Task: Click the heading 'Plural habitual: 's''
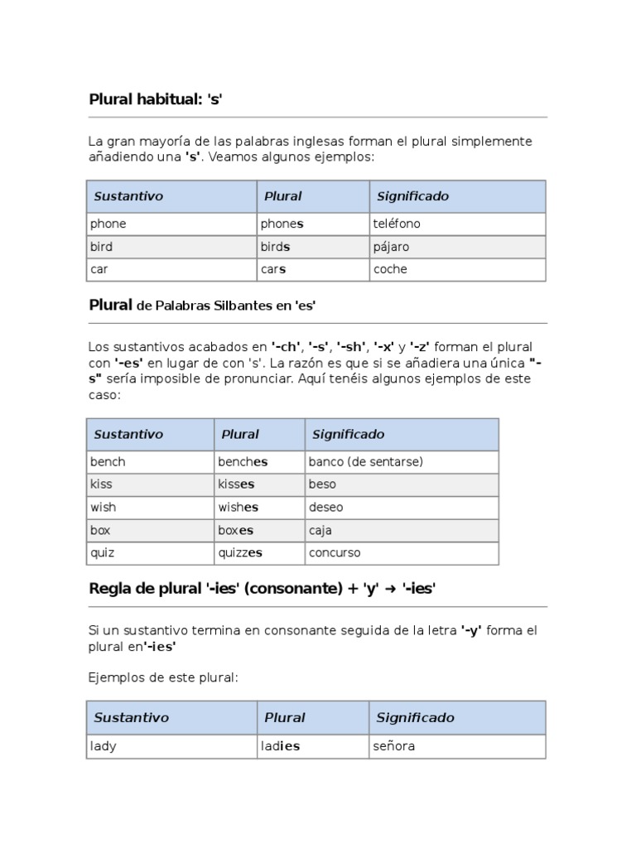click(157, 99)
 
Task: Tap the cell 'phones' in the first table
click(282, 224)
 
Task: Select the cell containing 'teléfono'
click(397, 224)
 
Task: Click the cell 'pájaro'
click(391, 247)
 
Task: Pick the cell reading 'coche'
click(390, 269)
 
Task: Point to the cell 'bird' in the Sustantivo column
click(102, 247)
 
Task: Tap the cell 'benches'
click(243, 461)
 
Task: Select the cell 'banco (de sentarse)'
click(365, 461)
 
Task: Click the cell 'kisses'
click(236, 484)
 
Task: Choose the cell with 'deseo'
click(325, 507)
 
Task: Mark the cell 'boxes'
click(236, 530)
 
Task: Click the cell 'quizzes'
click(240, 552)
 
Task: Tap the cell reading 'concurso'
click(335, 552)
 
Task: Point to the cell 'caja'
click(320, 530)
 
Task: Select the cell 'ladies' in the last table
click(280, 746)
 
